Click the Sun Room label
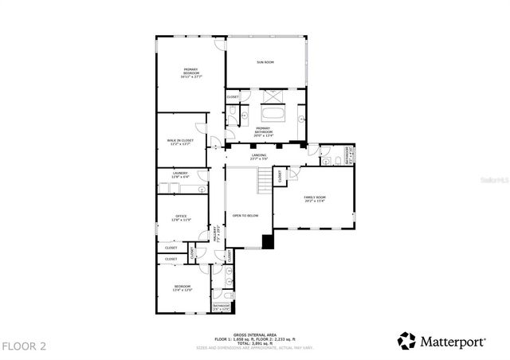click(x=265, y=61)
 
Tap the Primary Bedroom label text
click(x=190, y=73)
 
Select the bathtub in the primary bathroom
click(x=273, y=112)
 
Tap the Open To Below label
click(x=244, y=215)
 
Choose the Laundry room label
click(x=181, y=174)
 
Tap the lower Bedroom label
click(x=183, y=288)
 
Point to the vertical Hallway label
click(x=214, y=233)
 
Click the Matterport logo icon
click(x=406, y=341)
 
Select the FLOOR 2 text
click(x=24, y=346)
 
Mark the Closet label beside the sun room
click(x=233, y=97)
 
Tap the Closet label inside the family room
click(x=282, y=176)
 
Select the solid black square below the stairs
click(x=267, y=242)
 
